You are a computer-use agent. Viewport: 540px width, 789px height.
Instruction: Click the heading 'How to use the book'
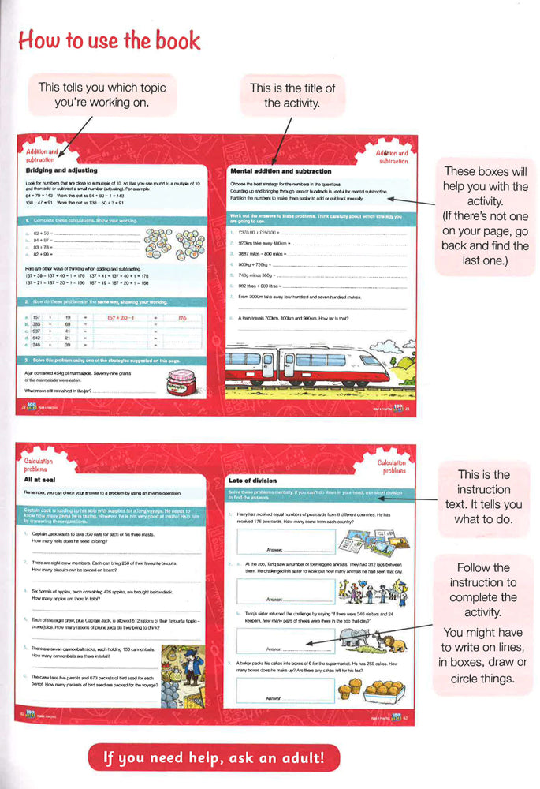pos(109,40)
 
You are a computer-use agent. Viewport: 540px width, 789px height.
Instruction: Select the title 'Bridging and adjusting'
pos(61,170)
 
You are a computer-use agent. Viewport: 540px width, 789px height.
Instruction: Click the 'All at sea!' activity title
pos(43,478)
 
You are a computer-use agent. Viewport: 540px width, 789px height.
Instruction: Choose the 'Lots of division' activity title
pos(257,480)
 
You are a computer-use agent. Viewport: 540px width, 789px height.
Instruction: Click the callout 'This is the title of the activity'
pos(292,95)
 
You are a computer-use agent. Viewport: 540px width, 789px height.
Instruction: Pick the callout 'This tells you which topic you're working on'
pos(102,95)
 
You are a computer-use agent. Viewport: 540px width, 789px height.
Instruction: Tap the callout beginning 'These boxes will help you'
pos(486,215)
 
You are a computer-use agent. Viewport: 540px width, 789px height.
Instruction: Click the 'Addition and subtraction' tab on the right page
pos(391,156)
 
